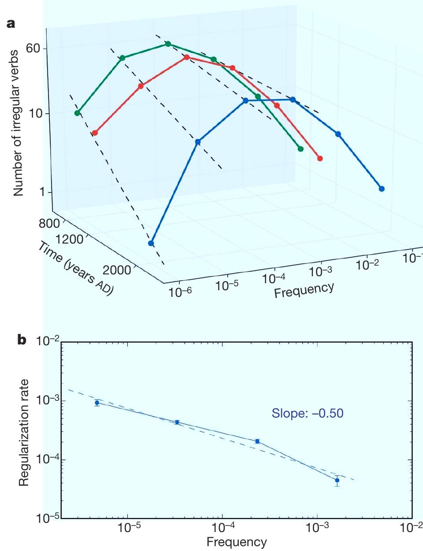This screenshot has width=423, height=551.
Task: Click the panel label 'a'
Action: click(x=11, y=23)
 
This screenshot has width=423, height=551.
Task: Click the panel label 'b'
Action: click(x=21, y=340)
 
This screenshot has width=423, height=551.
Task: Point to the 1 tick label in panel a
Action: click(x=43, y=192)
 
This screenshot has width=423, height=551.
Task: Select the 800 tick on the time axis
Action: click(x=49, y=223)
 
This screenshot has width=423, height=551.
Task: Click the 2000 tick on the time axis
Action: click(x=117, y=270)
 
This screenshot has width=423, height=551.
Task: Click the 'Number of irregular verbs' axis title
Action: click(x=18, y=123)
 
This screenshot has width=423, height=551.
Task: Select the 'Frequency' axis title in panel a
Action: click(x=304, y=289)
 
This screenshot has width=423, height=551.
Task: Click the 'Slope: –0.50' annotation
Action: click(x=307, y=413)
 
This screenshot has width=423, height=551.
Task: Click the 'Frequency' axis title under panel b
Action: click(x=237, y=542)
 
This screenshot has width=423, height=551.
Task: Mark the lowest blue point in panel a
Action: click(x=151, y=243)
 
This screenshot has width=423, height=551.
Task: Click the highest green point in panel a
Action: click(x=168, y=44)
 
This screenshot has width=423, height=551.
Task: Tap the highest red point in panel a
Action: click(x=187, y=57)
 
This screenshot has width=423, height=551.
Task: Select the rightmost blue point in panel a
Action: click(x=382, y=189)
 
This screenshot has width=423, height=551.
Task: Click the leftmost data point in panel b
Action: click(x=97, y=403)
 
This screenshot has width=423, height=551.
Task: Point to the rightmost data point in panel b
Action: click(x=337, y=480)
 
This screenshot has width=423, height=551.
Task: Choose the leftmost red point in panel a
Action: click(x=95, y=133)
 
